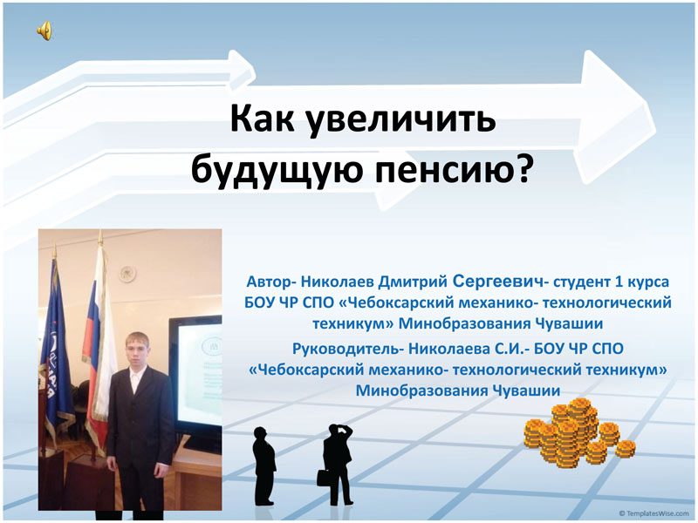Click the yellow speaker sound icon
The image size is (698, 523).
[44, 31]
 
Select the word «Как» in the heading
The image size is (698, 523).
[262, 118]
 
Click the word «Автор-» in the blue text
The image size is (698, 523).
[271, 282]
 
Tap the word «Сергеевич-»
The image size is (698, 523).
[500, 281]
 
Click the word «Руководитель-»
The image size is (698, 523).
[348, 348]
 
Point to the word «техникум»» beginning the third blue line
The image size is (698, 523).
[353, 323]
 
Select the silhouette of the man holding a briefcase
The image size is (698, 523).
[336, 464]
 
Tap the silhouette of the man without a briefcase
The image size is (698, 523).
[264, 465]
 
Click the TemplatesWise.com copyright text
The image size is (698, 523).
[654, 513]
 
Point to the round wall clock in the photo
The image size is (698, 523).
[127, 274]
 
